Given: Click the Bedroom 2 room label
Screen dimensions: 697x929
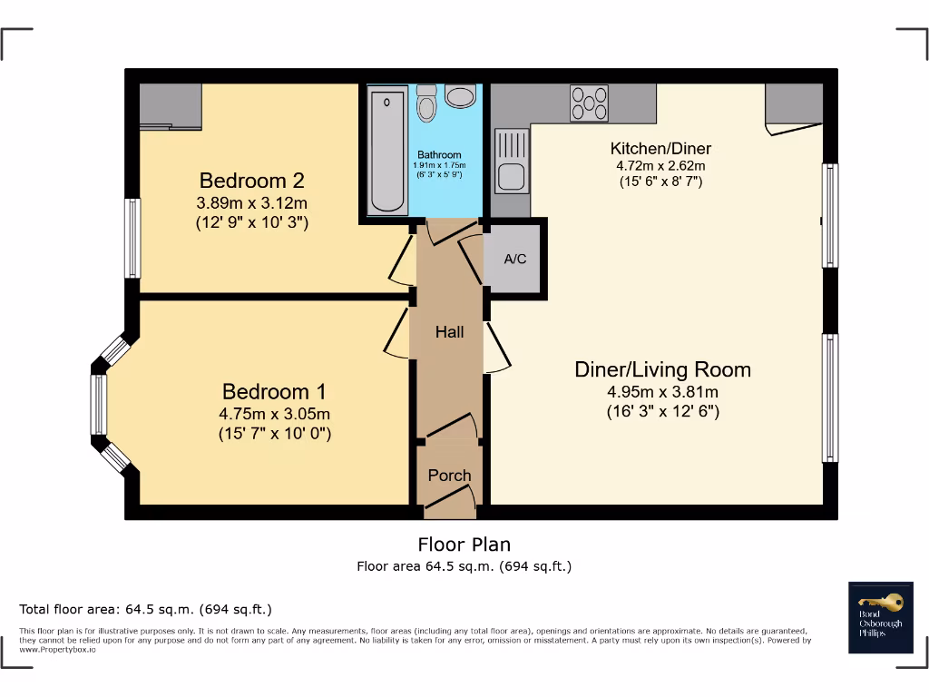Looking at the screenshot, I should pyautogui.click(x=252, y=180).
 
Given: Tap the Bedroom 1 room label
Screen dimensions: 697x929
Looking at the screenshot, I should pyautogui.click(x=274, y=392).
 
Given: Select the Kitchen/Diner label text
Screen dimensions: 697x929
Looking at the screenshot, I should pyautogui.click(x=660, y=149).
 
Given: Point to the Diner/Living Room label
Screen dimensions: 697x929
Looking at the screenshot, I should pyautogui.click(x=662, y=369).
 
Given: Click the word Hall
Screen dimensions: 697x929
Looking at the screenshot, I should pyautogui.click(x=449, y=332).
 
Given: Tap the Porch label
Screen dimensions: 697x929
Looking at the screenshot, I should pyautogui.click(x=449, y=476).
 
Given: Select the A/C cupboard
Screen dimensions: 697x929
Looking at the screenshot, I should pyautogui.click(x=515, y=260).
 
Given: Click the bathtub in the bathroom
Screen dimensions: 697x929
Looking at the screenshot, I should pyautogui.click(x=387, y=150).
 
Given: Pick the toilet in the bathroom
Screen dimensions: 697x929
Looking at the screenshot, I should pyautogui.click(x=427, y=104).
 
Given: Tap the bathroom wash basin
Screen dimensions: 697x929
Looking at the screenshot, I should pyautogui.click(x=461, y=96).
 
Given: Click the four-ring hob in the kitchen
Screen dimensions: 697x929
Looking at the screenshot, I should pyautogui.click(x=589, y=103).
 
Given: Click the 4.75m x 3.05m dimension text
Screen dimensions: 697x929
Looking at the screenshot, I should pyautogui.click(x=274, y=414).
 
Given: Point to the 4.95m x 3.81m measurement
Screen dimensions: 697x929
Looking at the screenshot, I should pyautogui.click(x=662, y=392).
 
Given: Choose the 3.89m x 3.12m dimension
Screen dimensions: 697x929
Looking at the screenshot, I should pyautogui.click(x=252, y=202).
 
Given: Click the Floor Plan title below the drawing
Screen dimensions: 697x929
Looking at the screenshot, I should pyautogui.click(x=464, y=545).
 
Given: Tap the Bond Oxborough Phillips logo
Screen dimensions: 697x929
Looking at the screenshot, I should pyautogui.click(x=880, y=617).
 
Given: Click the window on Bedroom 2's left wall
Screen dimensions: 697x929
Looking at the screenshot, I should pyautogui.click(x=132, y=239).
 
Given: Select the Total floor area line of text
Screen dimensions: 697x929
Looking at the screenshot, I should pyautogui.click(x=146, y=609).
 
